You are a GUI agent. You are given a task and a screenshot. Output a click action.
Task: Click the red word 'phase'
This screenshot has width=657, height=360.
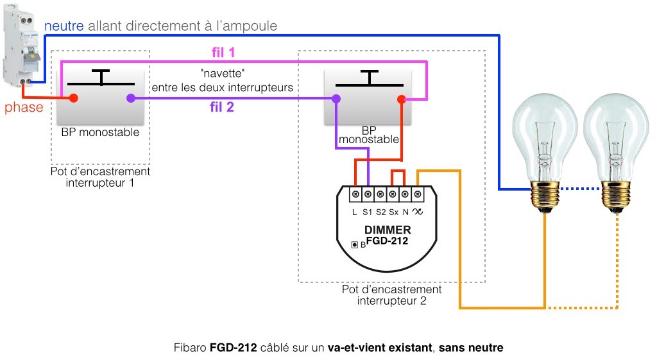[24, 107]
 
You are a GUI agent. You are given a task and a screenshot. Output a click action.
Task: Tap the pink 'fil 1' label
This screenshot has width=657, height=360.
[223, 52]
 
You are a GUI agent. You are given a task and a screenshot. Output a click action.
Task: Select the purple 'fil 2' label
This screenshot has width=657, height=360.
[222, 107]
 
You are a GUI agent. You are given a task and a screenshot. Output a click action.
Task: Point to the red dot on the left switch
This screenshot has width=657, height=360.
[74, 98]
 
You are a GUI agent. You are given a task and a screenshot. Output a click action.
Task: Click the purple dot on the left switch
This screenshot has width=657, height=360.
[130, 98]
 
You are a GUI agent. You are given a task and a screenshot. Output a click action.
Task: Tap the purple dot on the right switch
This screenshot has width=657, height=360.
[335, 99]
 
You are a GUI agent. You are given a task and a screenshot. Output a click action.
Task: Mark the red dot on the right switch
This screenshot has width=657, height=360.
[402, 99]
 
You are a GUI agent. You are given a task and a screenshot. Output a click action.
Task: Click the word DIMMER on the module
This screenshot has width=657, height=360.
[388, 230]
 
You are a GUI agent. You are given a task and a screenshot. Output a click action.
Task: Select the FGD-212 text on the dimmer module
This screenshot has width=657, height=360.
[387, 241]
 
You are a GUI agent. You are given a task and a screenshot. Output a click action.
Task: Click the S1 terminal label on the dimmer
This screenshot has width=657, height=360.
[367, 212]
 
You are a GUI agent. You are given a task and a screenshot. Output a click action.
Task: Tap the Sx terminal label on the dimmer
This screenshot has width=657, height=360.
[393, 212]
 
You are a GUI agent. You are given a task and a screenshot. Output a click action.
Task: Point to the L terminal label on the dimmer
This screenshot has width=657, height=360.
[354, 212]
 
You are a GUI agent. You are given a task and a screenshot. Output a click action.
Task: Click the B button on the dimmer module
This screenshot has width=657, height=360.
[355, 244]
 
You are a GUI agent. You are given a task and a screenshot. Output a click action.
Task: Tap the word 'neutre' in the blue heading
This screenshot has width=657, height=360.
[64, 26]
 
